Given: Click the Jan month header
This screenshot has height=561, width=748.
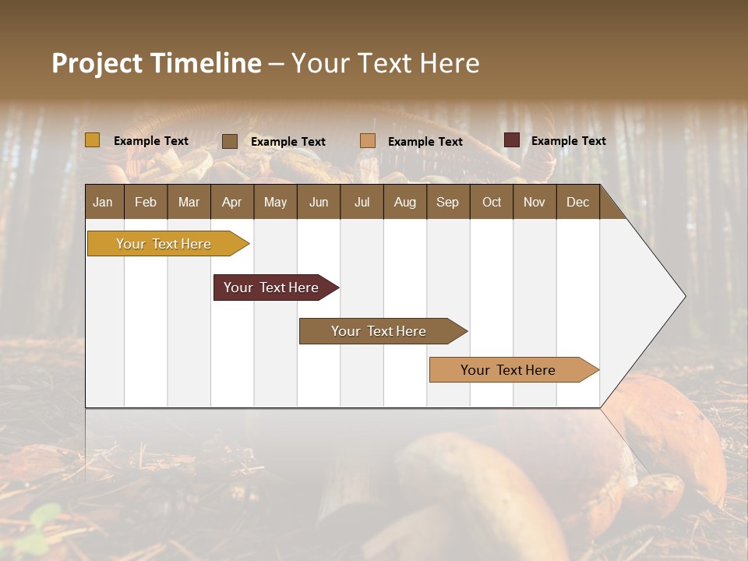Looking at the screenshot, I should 103,203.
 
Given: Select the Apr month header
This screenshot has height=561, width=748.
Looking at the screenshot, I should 232,203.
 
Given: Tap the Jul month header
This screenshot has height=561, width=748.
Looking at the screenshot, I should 362,203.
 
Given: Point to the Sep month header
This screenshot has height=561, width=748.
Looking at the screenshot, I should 447,203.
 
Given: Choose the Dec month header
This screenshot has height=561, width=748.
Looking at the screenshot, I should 577,203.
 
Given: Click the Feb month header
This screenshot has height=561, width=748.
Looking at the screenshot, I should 146,203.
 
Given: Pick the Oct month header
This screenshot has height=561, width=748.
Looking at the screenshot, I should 492,203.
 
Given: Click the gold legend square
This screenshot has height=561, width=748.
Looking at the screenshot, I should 92,140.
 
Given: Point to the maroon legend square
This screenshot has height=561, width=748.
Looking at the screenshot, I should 512,140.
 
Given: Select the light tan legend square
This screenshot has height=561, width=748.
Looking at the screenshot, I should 368,141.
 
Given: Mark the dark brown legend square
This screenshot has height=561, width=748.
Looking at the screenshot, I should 230,141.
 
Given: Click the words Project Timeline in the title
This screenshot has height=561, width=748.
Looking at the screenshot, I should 156,63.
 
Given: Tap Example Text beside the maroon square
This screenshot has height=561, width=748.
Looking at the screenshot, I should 568,141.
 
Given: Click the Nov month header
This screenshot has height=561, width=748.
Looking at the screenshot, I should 535,203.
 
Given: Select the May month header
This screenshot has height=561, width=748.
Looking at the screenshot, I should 275,203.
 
